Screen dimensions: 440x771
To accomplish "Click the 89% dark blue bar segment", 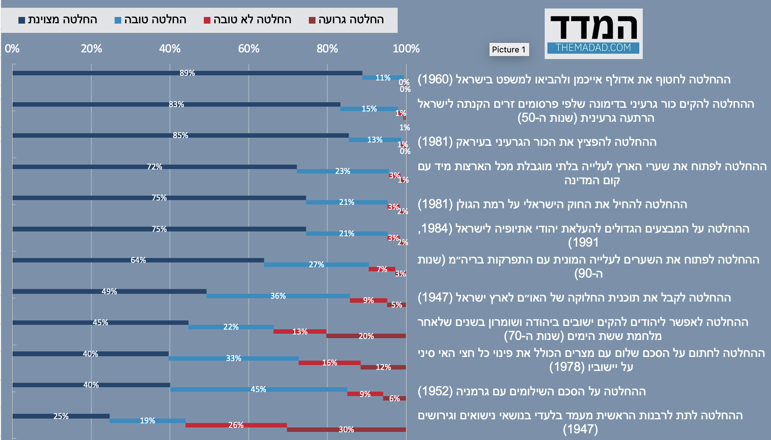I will pos(187,73).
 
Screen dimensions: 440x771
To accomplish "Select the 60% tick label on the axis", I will pos(249,49).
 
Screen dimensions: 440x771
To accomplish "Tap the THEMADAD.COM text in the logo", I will pos(593,48).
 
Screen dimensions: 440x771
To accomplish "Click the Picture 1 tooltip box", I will pos(509,49).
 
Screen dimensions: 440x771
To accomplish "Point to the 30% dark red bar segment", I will pos(346,430).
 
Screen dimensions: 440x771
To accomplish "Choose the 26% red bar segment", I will pos(236,425).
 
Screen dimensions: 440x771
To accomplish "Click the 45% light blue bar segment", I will pos(258,389).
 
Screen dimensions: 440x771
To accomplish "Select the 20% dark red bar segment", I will pos(366,336).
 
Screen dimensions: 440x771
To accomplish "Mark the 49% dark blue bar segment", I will pos(109,291).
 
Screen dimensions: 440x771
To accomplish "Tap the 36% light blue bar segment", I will pos(278,296).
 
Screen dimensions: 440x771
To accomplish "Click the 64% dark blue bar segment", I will pos(138,260).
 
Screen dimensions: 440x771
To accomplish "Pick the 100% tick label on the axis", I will pos(406,49).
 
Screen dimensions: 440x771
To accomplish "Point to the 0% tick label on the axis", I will pos(12,49).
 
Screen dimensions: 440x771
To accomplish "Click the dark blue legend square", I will pos(22,20).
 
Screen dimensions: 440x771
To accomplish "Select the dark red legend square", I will pos(312,20).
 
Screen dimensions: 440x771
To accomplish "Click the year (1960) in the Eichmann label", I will pos(435,79).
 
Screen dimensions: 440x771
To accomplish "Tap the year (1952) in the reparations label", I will pos(435,391).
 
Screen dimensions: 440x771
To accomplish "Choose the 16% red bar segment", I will pos(329,363).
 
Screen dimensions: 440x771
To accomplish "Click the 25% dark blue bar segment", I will pos(61,416).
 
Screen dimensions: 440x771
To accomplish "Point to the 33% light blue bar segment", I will pos(233,358).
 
